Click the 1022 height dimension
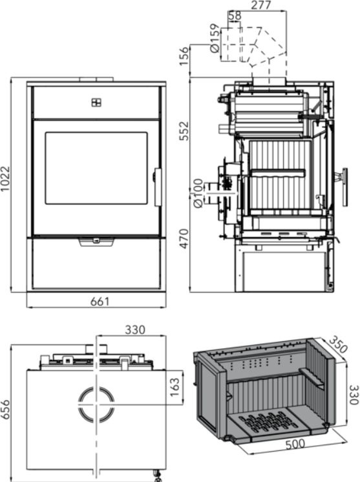[5, 179]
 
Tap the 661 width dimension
[100, 301]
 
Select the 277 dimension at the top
[261, 5]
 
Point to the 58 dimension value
[235, 16]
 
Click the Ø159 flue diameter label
[215, 37]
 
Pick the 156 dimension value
[184, 56]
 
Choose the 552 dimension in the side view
[184, 131]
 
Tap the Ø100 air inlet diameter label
[198, 193]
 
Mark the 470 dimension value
[184, 238]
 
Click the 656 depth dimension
[5, 409]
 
